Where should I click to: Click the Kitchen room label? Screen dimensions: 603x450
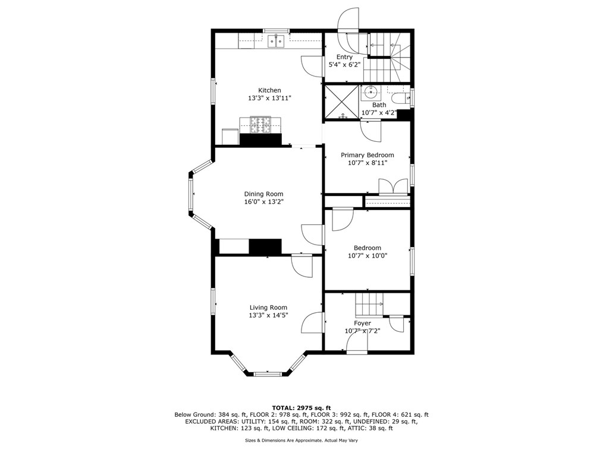269,90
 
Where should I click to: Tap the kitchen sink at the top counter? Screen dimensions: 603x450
276,41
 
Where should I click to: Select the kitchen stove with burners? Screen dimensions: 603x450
260,125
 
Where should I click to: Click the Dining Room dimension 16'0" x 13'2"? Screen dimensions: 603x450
263,202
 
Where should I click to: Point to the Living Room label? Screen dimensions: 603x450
268,307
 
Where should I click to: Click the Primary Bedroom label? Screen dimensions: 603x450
368,155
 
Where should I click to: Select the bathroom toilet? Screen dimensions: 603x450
402,98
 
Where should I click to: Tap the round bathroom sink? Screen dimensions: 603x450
370,93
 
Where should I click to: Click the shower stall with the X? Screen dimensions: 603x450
341,102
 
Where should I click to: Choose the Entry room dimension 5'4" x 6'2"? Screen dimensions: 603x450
344,65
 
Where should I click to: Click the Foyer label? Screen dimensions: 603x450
362,324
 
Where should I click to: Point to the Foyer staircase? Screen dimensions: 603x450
369,304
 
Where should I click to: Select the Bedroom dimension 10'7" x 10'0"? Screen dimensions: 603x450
368,256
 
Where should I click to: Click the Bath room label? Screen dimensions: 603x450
379,105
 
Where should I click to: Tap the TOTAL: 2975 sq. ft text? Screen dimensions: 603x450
301,408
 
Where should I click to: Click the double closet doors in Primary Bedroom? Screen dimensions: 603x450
393,188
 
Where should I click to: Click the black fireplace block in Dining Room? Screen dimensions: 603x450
265,246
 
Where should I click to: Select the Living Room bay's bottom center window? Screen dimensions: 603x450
268,373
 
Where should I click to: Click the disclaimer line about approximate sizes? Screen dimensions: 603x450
301,441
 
